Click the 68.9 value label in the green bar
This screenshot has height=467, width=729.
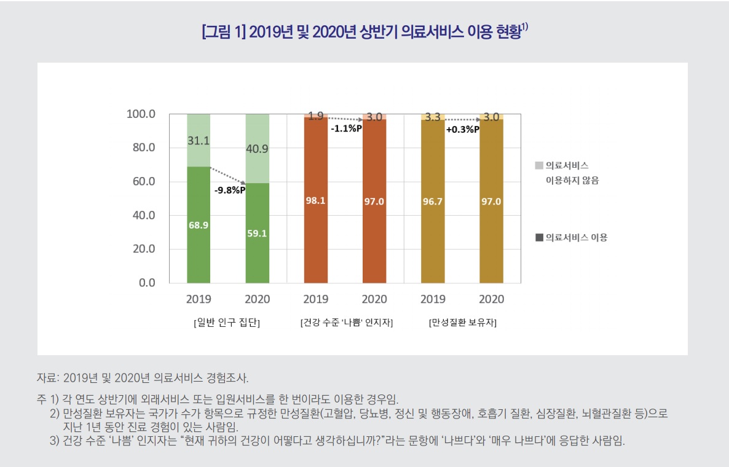(x=199, y=226)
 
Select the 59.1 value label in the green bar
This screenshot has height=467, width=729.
(x=257, y=233)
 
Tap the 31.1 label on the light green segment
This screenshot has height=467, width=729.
(x=199, y=141)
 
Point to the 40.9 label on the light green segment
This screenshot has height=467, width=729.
(x=257, y=149)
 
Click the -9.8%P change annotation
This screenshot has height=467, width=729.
(x=230, y=190)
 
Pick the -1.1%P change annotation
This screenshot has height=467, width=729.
(x=346, y=129)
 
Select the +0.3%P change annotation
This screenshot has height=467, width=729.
(x=463, y=130)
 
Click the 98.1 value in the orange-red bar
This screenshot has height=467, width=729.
(x=315, y=202)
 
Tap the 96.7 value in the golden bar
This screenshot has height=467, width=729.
(x=433, y=202)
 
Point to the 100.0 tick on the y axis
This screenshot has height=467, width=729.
(x=141, y=114)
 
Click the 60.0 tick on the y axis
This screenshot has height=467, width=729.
(x=143, y=182)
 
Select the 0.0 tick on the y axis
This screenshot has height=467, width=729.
(x=146, y=283)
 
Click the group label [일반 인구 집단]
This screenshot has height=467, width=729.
(x=227, y=323)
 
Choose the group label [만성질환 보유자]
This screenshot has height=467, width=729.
(x=463, y=323)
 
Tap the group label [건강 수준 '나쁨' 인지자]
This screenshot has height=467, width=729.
(x=346, y=323)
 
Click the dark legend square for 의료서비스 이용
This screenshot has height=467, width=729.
(x=539, y=237)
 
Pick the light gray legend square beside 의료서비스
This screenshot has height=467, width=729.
(x=539, y=165)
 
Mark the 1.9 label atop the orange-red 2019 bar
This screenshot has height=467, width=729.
(x=315, y=116)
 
